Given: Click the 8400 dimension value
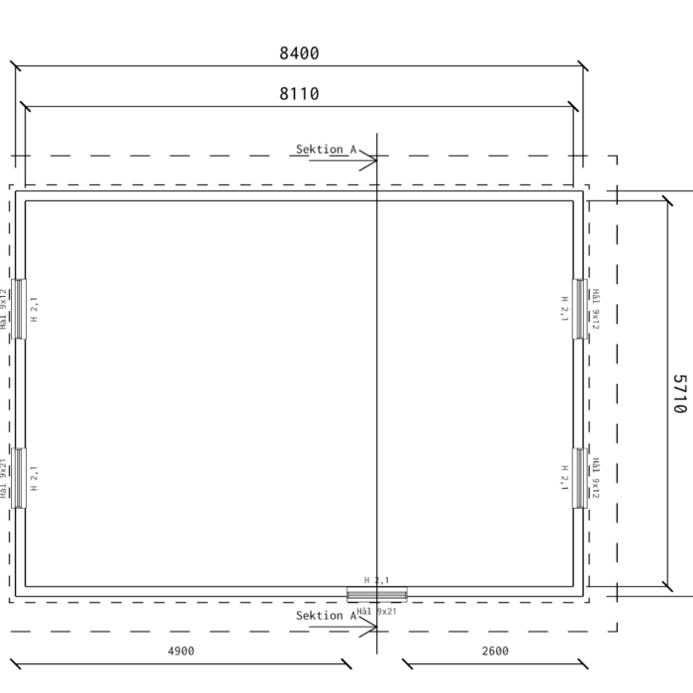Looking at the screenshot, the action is click(x=299, y=53).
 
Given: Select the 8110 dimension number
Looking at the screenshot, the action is click(x=299, y=94).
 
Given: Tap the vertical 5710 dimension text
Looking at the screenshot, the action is click(x=680, y=394).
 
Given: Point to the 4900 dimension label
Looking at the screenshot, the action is click(x=181, y=651).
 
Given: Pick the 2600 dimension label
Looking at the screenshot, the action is click(x=495, y=651).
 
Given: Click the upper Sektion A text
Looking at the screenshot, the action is click(x=326, y=149).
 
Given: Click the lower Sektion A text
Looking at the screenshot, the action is click(x=326, y=616).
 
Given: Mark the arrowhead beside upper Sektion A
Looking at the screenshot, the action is click(x=368, y=160).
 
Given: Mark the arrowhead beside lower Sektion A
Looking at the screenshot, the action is click(x=368, y=627).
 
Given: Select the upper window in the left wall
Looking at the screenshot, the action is click(x=19, y=309).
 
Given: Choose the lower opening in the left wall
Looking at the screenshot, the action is click(x=19, y=478).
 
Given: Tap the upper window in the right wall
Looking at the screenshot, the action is click(x=580, y=309).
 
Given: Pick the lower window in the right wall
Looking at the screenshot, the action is click(x=580, y=478).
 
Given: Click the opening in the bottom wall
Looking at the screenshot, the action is click(x=377, y=594).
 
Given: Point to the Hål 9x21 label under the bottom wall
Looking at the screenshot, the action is click(x=376, y=611).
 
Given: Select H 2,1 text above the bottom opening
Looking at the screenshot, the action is click(x=376, y=580).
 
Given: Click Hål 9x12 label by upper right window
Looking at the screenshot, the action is click(x=596, y=309).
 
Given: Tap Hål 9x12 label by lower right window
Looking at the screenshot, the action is click(x=596, y=478).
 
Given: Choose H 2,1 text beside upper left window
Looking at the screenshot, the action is click(x=34, y=309).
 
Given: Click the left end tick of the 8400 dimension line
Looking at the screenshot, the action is click(x=16, y=66).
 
